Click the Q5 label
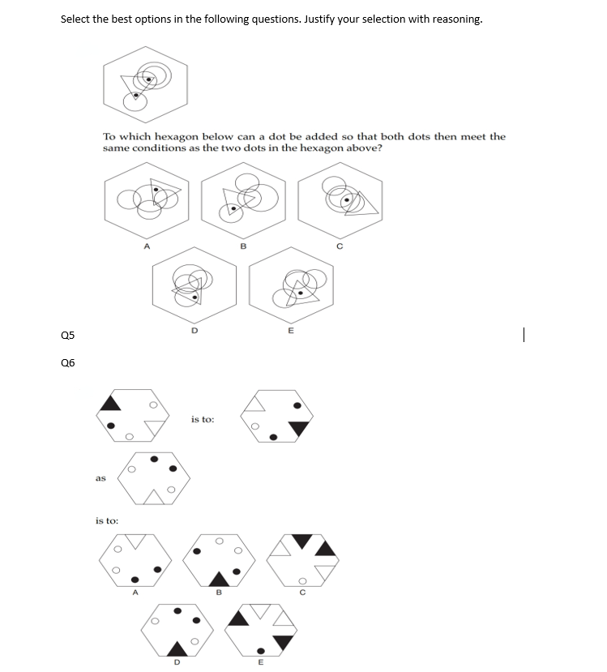[x=68, y=335]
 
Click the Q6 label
[x=68, y=363]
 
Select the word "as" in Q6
[x=100, y=477]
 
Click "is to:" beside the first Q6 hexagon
[x=203, y=419]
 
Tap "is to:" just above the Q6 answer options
[x=107, y=520]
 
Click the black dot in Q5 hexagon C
[x=347, y=199]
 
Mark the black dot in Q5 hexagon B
[x=233, y=208]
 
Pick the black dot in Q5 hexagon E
[x=301, y=293]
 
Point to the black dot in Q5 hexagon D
[x=195, y=297]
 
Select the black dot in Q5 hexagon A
[x=156, y=189]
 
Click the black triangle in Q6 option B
[x=219, y=580]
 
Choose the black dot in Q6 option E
[x=260, y=651]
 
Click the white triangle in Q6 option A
[x=136, y=541]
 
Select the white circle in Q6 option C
[x=302, y=581]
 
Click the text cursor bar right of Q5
[x=524, y=335]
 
